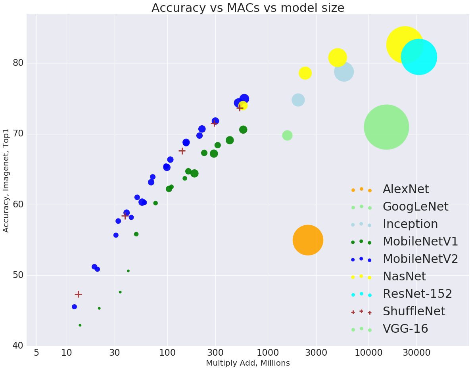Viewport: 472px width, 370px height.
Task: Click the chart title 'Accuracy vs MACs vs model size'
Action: [248, 8]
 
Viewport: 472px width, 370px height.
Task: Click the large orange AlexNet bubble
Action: [308, 240]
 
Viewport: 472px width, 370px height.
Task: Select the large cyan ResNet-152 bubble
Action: [419, 57]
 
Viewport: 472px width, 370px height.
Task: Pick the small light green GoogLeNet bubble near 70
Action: [287, 135]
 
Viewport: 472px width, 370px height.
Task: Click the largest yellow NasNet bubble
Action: [404, 45]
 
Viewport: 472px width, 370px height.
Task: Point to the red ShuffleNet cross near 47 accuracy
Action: [78, 294]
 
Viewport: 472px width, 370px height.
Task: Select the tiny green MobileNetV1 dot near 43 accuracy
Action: [80, 325]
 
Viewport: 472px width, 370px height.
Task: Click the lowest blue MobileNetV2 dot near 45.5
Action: [74, 307]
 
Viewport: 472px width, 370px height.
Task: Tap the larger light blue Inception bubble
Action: [344, 72]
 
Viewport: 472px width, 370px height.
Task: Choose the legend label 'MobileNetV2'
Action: [420, 259]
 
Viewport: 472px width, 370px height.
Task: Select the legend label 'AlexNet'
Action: [405, 190]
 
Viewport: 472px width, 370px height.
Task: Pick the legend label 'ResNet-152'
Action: [417, 294]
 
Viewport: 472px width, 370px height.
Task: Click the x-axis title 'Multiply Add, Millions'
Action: [248, 363]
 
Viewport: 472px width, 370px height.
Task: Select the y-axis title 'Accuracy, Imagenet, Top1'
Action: [6, 180]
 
